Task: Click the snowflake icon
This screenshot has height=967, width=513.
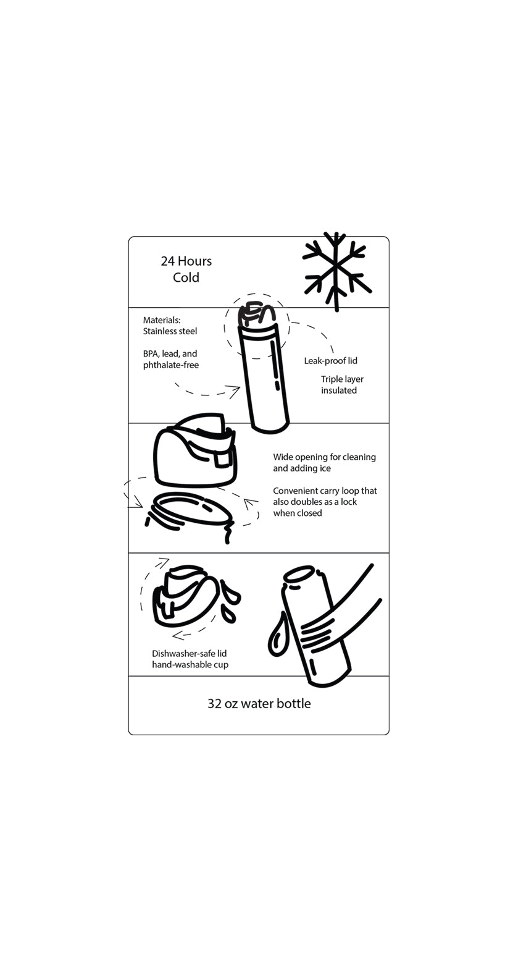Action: [336, 271]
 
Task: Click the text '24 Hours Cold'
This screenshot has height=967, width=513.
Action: [186, 269]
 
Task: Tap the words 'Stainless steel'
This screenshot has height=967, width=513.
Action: [170, 332]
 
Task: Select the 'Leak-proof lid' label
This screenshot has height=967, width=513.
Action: [330, 361]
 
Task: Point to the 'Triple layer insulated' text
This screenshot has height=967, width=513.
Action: [341, 385]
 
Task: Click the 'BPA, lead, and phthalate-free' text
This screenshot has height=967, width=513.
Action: [170, 360]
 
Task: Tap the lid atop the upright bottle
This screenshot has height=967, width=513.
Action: [258, 315]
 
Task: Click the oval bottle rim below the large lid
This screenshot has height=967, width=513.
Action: [191, 510]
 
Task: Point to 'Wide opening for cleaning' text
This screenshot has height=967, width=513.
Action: [324, 457]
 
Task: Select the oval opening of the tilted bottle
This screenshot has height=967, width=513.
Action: [299, 575]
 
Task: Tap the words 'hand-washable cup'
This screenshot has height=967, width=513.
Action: [190, 665]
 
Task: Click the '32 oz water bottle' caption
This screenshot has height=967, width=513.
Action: [259, 704]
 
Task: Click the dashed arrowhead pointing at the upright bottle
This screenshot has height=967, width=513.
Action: [233, 390]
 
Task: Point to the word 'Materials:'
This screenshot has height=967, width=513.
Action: [162, 320]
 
